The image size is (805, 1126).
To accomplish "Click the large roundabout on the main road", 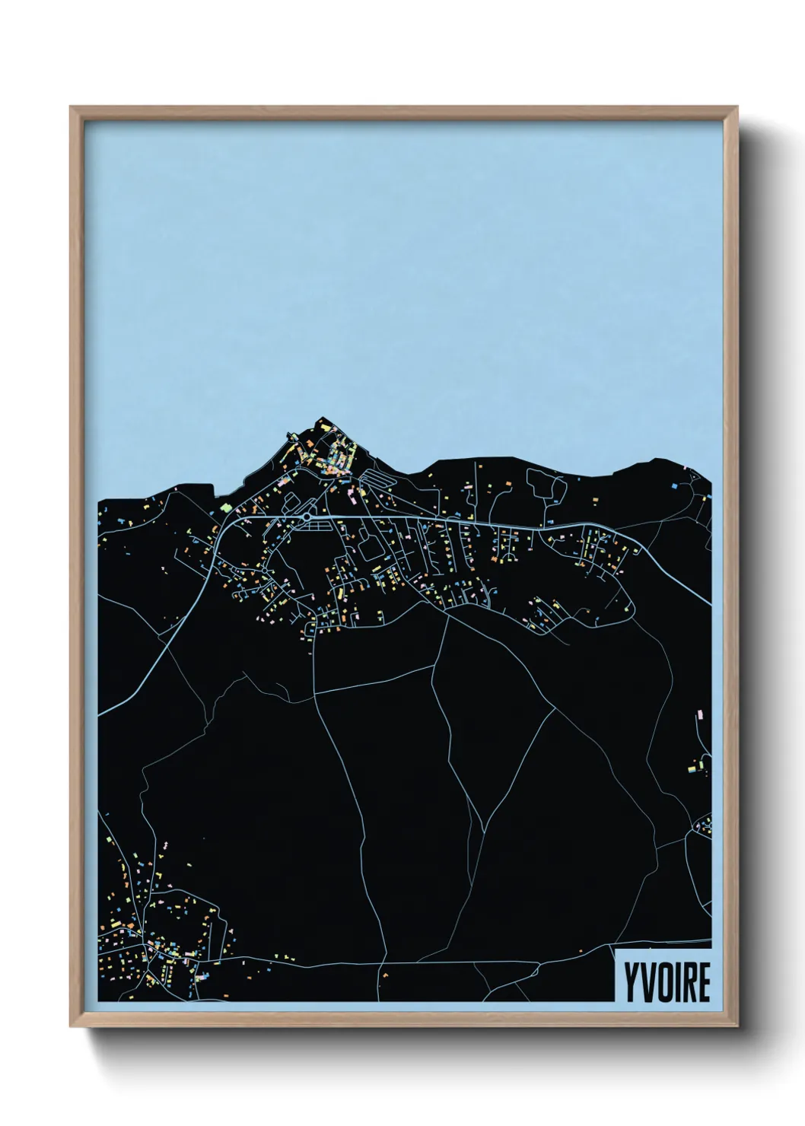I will coord(306,517).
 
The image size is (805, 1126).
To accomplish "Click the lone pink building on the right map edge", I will coord(698,714).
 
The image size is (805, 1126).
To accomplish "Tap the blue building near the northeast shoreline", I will coord(675,484).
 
